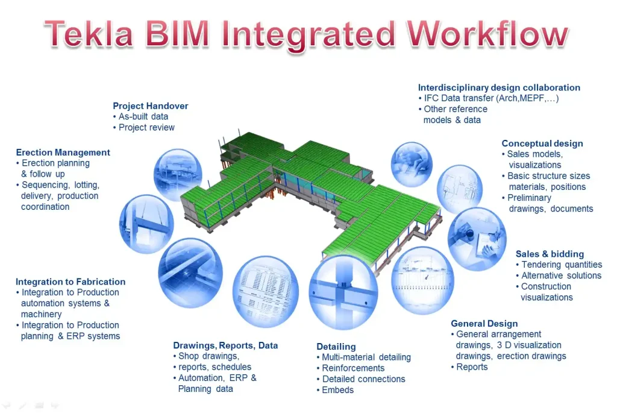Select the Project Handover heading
pyautogui.click(x=151, y=106)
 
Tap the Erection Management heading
pyautogui.click(x=63, y=153)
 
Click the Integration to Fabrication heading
pyautogui.click(x=70, y=282)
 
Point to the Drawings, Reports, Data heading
pyautogui.click(x=225, y=345)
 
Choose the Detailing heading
pyautogui.click(x=336, y=347)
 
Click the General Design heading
pyautogui.click(x=484, y=324)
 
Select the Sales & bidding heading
pyautogui.click(x=550, y=254)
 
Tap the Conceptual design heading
pyautogui.click(x=542, y=143)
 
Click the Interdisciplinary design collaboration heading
pyautogui.click(x=499, y=88)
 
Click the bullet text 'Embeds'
pyautogui.click(x=338, y=390)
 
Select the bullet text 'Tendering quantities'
pyautogui.click(x=562, y=265)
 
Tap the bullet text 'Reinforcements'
pyautogui.click(x=353, y=368)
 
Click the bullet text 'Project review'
pyautogui.click(x=146, y=127)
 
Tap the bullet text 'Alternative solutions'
pyautogui.click(x=561, y=276)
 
